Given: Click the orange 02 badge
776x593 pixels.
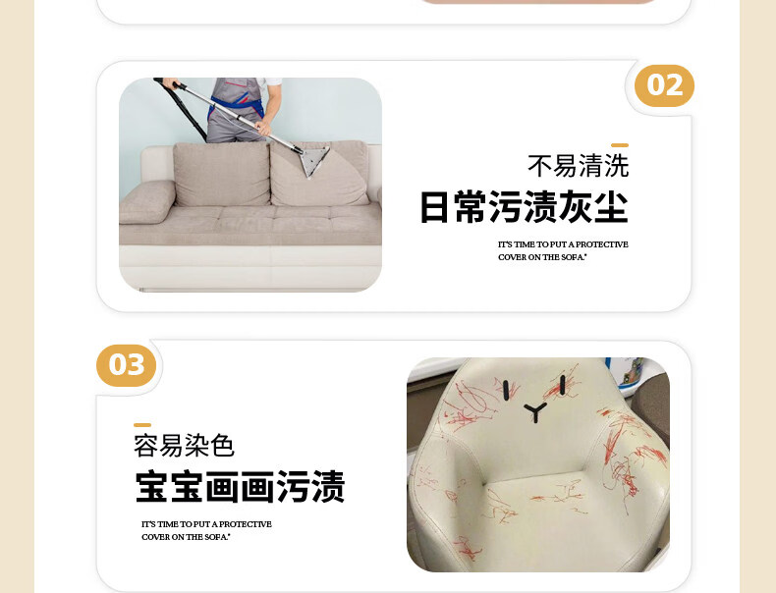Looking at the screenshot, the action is [664, 85].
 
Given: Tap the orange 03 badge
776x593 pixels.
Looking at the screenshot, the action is [126, 365].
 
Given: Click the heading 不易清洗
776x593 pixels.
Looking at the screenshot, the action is [578, 166].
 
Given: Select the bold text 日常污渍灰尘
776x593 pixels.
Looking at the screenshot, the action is [525, 207].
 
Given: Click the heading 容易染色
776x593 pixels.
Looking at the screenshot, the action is [184, 445].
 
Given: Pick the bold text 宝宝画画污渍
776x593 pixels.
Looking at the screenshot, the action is [240, 487].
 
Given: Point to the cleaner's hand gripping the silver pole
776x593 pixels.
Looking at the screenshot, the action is [263, 129].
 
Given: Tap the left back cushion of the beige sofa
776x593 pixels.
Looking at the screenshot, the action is [221, 174].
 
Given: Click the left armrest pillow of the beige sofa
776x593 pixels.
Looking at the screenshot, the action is [147, 201].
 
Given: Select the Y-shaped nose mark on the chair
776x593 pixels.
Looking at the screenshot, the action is [535, 412].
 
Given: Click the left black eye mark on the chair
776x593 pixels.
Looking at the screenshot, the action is [506, 390].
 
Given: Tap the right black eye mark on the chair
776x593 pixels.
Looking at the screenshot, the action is [563, 385].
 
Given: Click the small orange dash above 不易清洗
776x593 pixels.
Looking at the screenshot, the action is [620, 145].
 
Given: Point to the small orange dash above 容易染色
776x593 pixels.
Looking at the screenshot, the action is [142, 425].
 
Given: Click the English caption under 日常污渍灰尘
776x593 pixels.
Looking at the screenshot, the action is [563, 250].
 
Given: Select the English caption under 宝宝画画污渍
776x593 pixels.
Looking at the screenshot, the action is [206, 530].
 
